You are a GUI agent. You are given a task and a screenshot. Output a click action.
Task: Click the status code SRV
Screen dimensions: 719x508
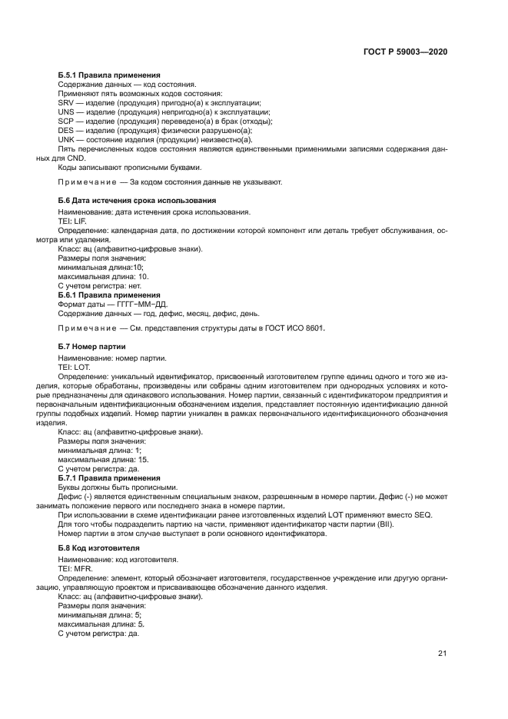pos(66,102)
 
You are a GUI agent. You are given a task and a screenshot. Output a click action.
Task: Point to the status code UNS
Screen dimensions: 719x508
pos(66,112)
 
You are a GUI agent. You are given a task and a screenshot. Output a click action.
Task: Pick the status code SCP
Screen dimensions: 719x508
pos(66,121)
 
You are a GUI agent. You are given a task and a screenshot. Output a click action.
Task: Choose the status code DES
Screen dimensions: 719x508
pos(66,131)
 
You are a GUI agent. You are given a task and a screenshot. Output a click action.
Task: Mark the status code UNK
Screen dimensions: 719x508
pos(66,140)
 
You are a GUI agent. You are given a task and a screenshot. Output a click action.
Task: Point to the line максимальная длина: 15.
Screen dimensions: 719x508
pos(103,459)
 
